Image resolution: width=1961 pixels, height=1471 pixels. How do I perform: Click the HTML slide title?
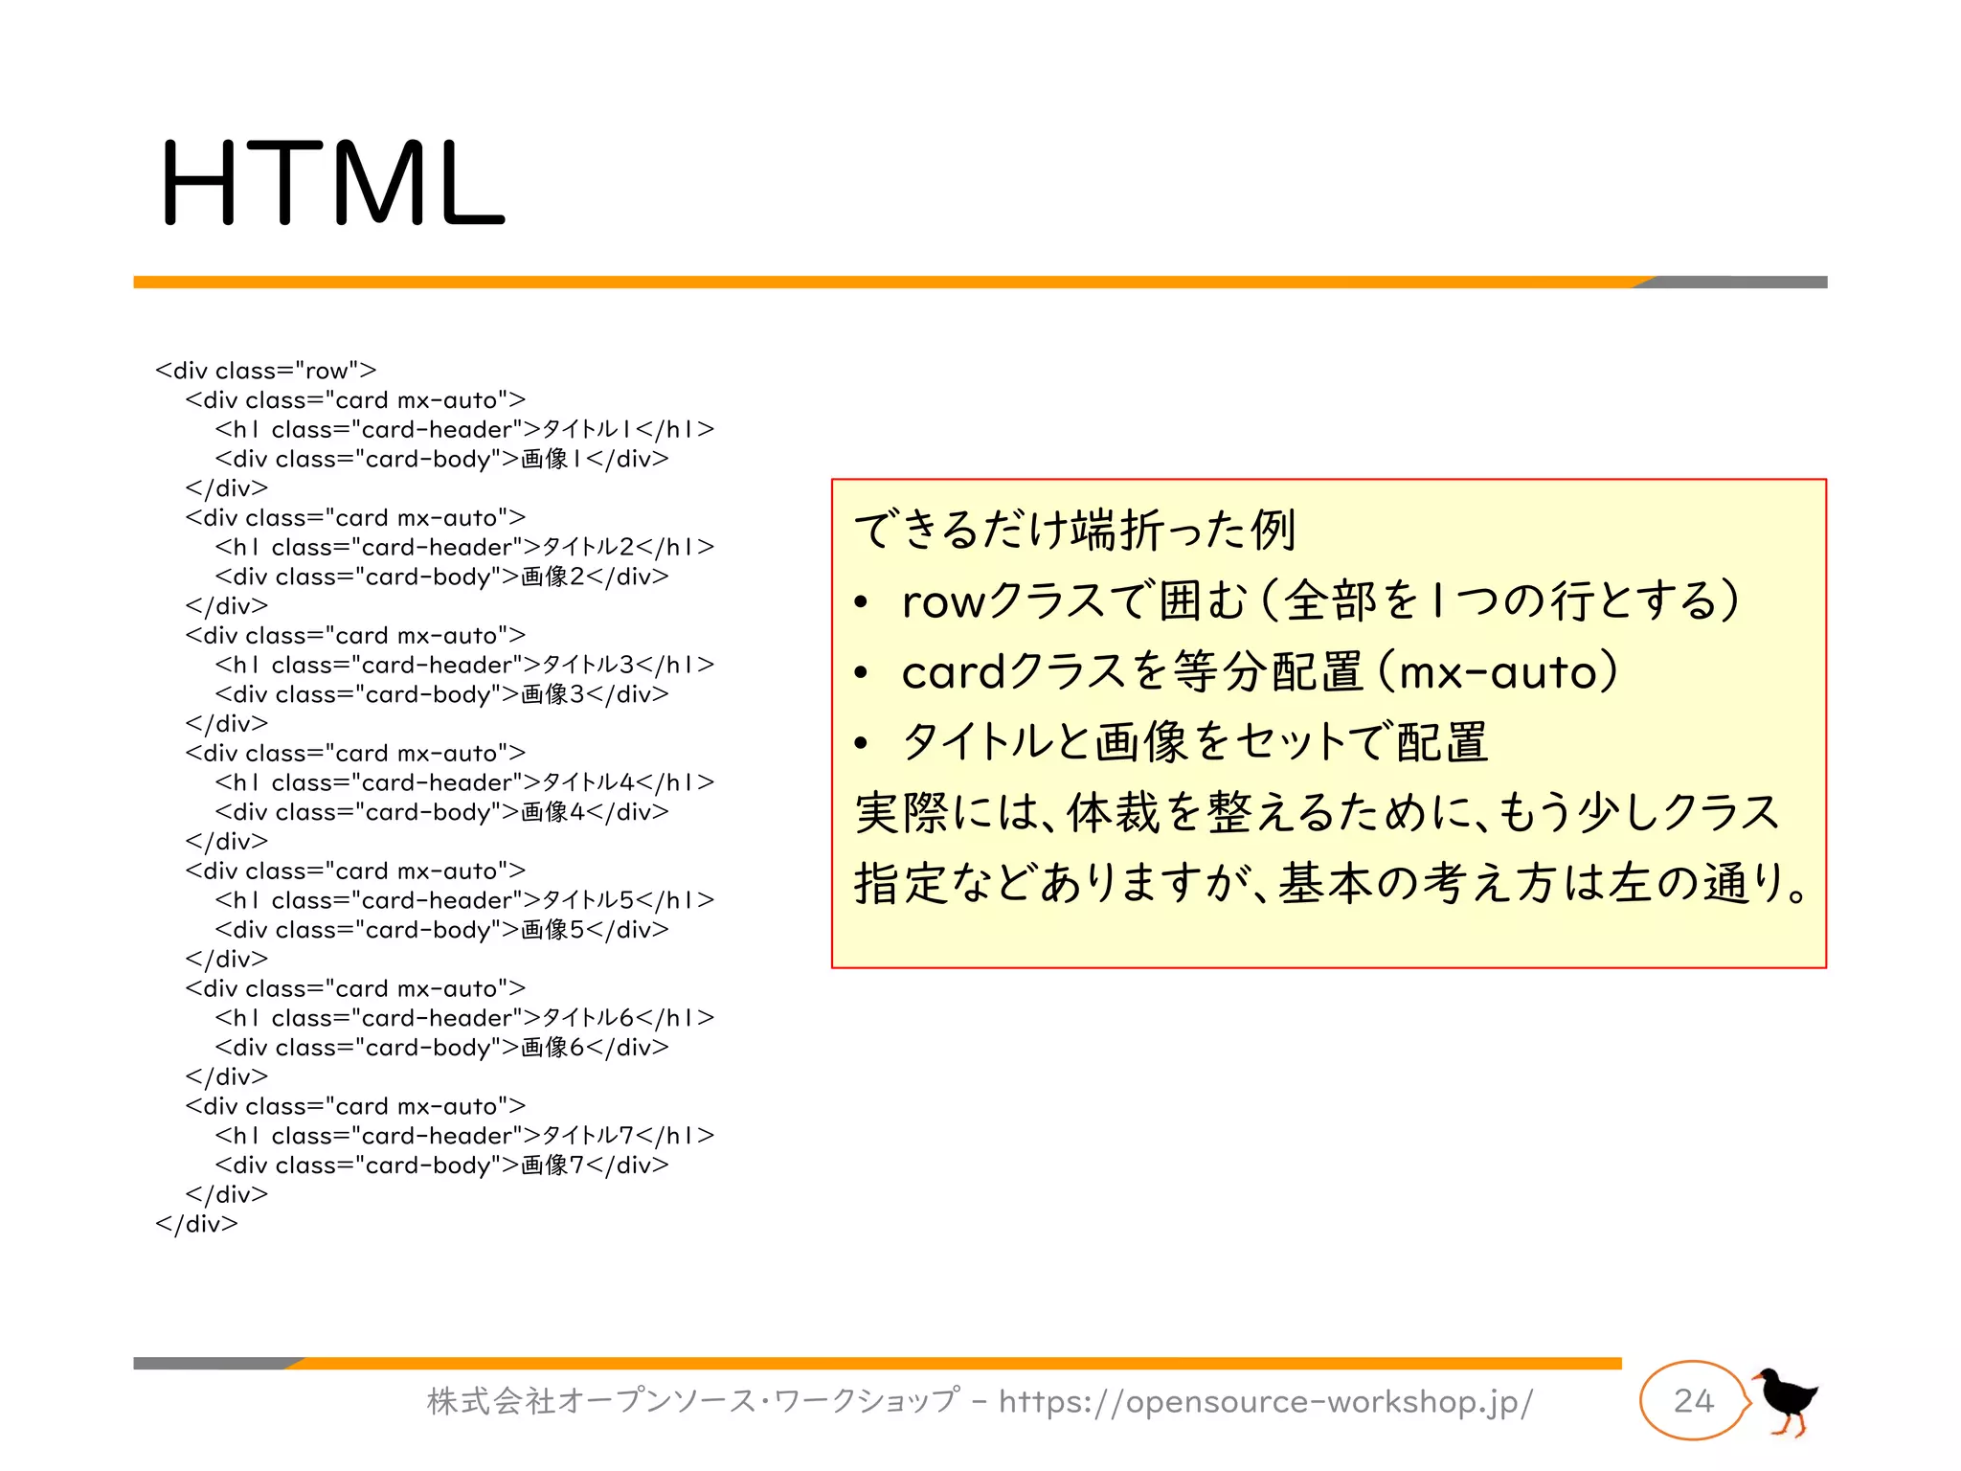331,182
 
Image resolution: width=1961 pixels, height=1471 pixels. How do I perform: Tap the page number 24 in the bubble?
1693,1401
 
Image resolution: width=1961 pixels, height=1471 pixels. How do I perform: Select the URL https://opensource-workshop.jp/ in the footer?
1265,1402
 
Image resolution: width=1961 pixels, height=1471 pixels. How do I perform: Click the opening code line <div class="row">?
266,371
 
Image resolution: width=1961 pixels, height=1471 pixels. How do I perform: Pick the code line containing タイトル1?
464,430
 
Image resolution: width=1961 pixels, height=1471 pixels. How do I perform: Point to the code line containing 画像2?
441,577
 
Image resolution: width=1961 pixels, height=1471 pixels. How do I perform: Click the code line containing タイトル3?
464,666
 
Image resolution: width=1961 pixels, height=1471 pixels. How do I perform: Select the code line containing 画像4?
441,812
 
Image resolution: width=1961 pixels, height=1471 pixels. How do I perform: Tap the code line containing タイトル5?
464,901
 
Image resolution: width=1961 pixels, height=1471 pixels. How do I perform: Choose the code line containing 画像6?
441,1048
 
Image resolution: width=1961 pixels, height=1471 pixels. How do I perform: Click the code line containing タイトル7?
464,1137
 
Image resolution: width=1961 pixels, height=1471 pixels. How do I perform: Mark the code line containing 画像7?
441,1165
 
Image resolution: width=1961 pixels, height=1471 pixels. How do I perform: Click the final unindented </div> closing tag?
196,1224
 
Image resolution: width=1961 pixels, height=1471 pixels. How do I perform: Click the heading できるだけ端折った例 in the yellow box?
1074,530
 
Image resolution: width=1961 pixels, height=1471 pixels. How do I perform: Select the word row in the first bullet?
942,602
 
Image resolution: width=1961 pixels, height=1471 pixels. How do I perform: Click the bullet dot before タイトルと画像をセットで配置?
861,743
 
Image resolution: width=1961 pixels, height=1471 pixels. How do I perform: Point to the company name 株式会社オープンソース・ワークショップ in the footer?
692,1402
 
